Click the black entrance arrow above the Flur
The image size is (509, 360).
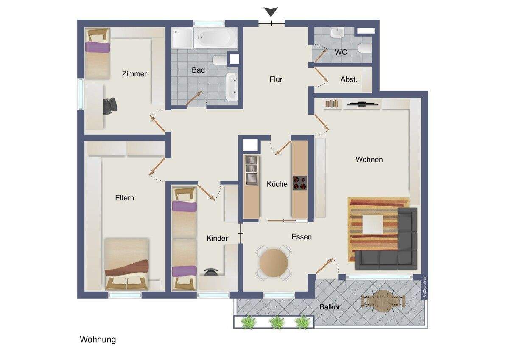coord(271,12)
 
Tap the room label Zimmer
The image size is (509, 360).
coord(134,74)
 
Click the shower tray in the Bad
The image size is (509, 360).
coord(182,38)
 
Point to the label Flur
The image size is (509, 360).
coord(276,79)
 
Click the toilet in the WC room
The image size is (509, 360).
coord(364,48)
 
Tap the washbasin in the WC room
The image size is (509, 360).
coord(338,32)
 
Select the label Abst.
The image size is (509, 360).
coord(349,79)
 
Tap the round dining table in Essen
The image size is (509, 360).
coord(274,263)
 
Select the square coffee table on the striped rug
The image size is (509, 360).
coord(372,224)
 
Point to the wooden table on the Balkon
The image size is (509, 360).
coord(383,301)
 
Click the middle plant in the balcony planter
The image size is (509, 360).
coord(277,322)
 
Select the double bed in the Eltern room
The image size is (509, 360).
coord(127,263)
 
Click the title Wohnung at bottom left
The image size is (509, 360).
coord(98,340)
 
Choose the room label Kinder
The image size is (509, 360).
coord(217,239)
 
